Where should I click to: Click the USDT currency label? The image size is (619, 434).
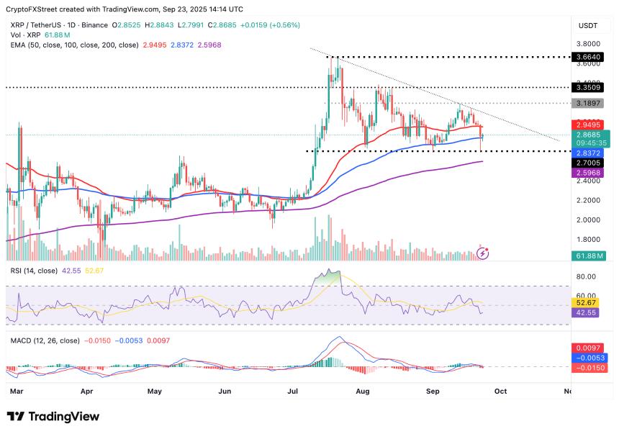[x=589, y=26]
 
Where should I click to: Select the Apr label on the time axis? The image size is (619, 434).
[x=87, y=392]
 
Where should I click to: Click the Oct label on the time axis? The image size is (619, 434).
[x=500, y=392]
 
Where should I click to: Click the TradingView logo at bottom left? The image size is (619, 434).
[x=53, y=417]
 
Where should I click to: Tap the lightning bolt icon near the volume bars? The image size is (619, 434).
[x=484, y=253]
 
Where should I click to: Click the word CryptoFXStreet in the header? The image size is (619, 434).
[x=33, y=9]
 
